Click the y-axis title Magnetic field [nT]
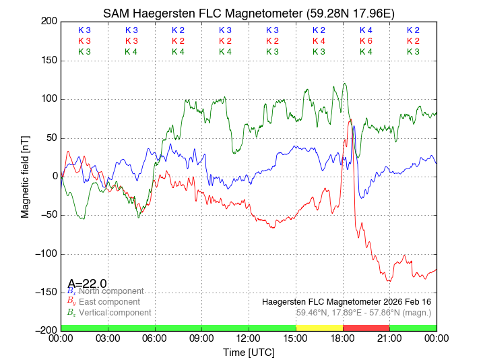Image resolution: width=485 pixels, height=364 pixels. (x=26, y=175)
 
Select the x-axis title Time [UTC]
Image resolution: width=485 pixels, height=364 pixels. (x=249, y=353)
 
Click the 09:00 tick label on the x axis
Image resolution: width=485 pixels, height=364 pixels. (x=201, y=338)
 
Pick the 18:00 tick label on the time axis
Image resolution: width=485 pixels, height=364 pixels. (x=342, y=338)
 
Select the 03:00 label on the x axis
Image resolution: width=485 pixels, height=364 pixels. (x=108, y=338)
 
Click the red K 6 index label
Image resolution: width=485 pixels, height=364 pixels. (x=366, y=41)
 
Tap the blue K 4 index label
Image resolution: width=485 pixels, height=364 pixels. (x=366, y=30)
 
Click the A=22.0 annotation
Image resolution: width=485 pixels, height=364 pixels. (x=87, y=284)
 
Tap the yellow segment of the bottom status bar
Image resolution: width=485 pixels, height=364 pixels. (x=319, y=328)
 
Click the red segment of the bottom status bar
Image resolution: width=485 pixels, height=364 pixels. (x=366, y=328)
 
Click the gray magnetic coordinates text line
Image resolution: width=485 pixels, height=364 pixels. (x=363, y=313)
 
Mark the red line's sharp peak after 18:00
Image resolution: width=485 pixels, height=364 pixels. (x=350, y=121)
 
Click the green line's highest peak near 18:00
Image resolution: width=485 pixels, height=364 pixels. (x=345, y=84)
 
